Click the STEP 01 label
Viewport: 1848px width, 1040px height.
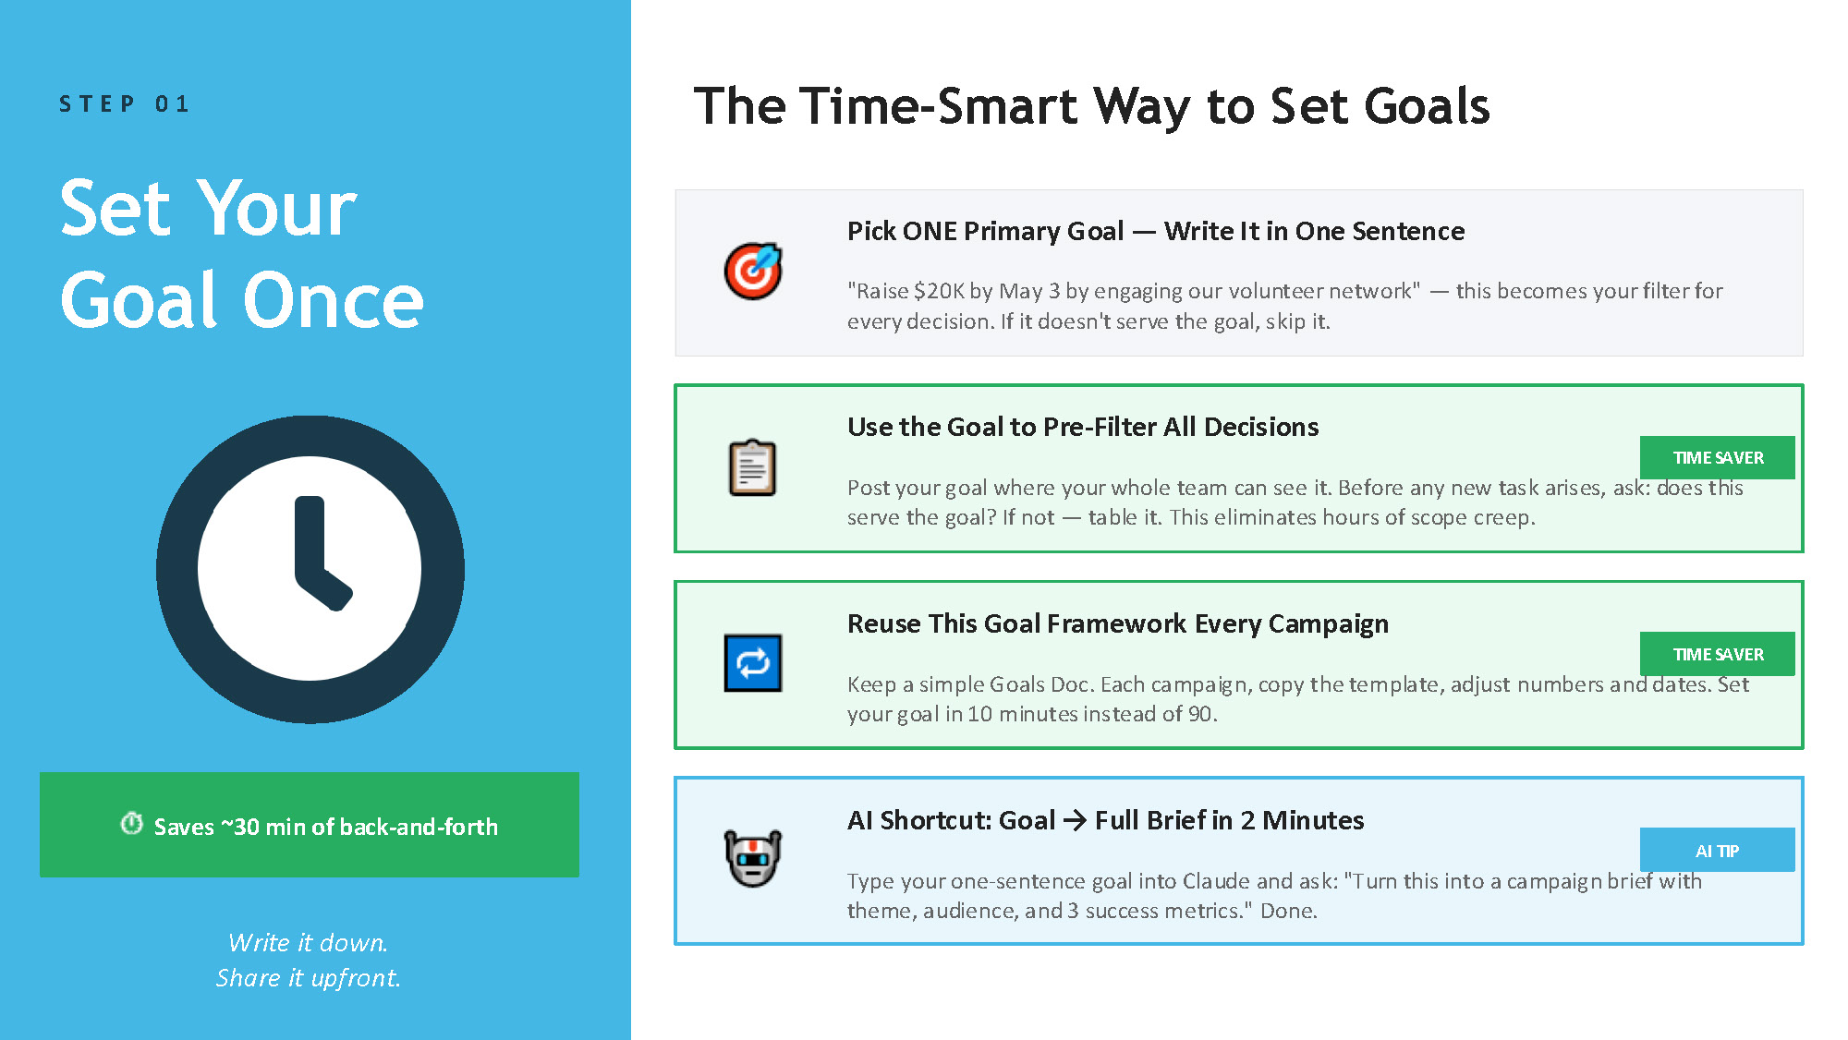(x=125, y=103)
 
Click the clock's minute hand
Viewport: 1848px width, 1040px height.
(x=310, y=540)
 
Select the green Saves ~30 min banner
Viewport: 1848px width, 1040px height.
(x=310, y=825)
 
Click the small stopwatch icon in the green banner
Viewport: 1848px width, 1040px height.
(x=132, y=823)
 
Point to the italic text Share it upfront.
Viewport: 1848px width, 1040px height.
(x=308, y=977)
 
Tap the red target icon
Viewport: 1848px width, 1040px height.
(x=753, y=272)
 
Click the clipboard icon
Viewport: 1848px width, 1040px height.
(x=753, y=468)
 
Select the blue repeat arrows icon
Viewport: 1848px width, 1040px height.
(x=753, y=663)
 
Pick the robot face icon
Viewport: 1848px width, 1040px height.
(x=753, y=858)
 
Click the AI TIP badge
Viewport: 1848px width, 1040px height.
(x=1717, y=850)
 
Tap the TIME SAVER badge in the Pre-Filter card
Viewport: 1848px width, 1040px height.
(x=1717, y=457)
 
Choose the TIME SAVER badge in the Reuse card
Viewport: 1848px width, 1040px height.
(x=1717, y=654)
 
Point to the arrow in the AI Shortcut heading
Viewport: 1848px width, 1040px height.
(x=1075, y=820)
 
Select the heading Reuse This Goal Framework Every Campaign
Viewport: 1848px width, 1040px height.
(x=1117, y=623)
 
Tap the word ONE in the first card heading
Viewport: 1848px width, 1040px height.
(x=930, y=231)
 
